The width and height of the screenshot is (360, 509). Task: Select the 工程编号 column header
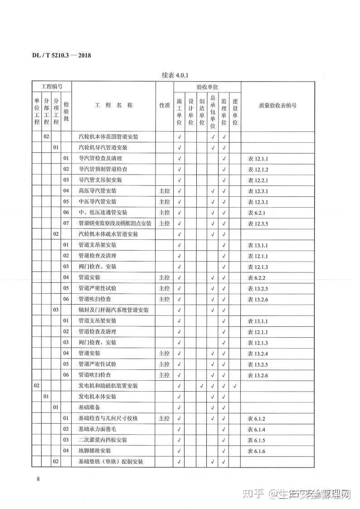pos(52,86)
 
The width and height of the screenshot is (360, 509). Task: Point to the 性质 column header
pos(164,105)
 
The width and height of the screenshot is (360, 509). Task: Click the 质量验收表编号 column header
pos(277,105)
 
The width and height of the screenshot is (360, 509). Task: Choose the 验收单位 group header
pos(207,86)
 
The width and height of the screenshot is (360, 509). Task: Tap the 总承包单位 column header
pos(213,111)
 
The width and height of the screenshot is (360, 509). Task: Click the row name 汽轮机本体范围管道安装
pos(108,136)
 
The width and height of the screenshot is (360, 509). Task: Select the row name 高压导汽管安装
pos(97,191)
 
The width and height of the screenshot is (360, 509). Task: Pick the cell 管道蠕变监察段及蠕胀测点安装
pos(115,223)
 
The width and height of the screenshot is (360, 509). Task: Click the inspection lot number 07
pos(66,223)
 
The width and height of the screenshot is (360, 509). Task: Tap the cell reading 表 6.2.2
pos(256,277)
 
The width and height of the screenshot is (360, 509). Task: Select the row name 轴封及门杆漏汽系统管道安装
pos(114,310)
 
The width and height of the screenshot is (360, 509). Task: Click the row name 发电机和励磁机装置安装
pos(108,386)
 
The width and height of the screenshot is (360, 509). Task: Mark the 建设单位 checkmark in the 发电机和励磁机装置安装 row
pos(235,386)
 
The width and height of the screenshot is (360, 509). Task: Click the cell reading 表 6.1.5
pos(256,440)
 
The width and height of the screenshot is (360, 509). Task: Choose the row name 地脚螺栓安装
pos(95,451)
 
